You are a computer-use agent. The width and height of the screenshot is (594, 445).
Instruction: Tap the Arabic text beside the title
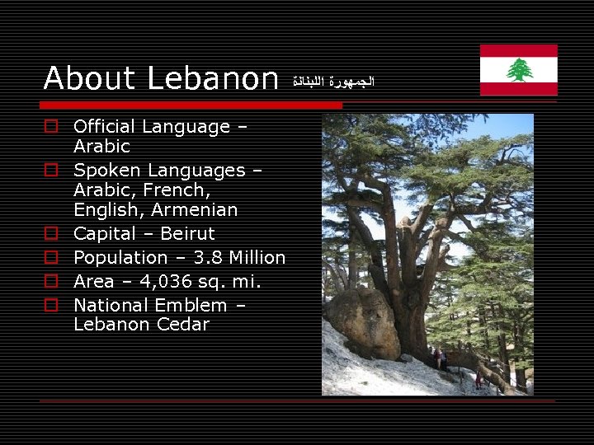coord(333,82)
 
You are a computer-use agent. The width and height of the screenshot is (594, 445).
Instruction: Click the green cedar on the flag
coord(519,70)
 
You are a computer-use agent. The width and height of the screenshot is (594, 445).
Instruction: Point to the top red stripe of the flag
coord(519,50)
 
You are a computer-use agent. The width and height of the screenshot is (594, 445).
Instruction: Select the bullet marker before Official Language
coord(51,127)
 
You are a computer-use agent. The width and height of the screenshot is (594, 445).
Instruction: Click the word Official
coord(105,127)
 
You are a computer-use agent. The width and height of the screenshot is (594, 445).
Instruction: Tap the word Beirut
coord(187,233)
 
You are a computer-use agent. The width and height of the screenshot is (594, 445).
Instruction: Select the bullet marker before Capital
coord(51,234)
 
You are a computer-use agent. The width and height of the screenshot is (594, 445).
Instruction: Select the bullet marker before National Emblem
coord(51,305)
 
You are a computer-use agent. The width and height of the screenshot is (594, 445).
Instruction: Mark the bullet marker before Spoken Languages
coord(51,171)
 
